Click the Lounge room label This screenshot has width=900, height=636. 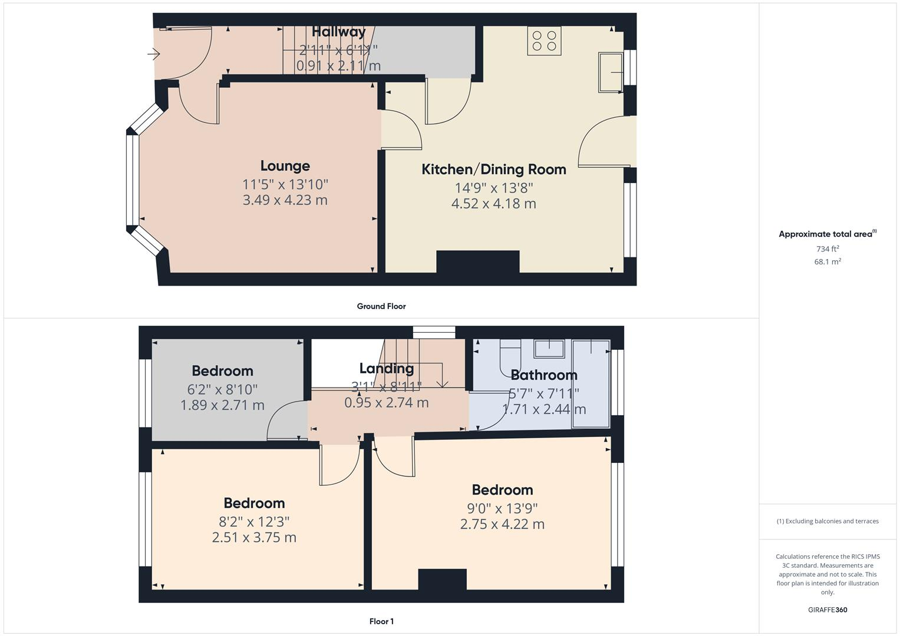[285, 166]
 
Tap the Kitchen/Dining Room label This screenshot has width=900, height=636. [493, 170]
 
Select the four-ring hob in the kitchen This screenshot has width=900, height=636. [544, 41]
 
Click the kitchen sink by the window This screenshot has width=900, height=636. [611, 72]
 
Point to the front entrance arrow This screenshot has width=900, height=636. [153, 55]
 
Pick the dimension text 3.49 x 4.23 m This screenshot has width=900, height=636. [285, 200]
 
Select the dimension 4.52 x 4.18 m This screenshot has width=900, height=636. [493, 204]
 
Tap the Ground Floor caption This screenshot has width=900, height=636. [381, 306]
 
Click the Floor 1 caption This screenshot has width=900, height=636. [381, 621]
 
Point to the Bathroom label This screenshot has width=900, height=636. [543, 375]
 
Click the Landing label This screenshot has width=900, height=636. [386, 369]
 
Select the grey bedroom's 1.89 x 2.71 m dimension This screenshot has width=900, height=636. [222, 405]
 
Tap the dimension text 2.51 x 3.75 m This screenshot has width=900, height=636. [254, 538]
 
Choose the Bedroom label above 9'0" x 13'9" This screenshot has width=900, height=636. [502, 490]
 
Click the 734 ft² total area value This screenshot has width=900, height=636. [827, 249]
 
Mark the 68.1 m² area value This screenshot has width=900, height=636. [827, 262]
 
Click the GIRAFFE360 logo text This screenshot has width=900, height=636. [827, 610]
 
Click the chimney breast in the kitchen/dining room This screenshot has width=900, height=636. [477, 261]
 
